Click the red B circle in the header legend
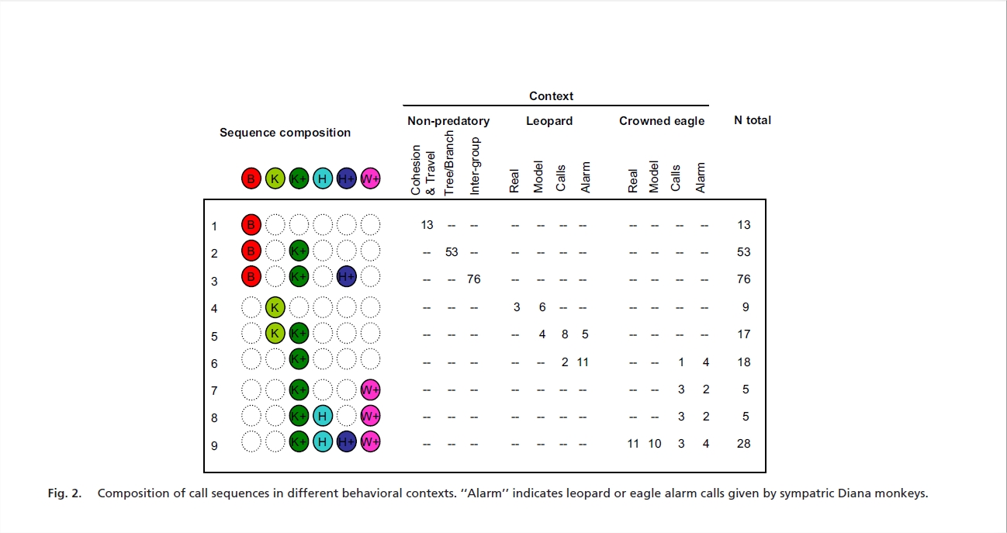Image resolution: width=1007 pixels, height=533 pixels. tap(251, 178)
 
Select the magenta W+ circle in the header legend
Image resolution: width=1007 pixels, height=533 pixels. tap(371, 178)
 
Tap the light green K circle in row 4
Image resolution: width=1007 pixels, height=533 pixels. tap(275, 308)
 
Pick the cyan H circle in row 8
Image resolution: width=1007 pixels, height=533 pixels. tap(323, 417)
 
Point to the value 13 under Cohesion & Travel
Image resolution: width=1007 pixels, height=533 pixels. tap(427, 225)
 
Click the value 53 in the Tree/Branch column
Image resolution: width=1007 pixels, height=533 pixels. tap(451, 252)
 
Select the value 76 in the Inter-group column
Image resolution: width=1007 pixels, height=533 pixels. tap(474, 279)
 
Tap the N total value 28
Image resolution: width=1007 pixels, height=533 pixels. tap(744, 444)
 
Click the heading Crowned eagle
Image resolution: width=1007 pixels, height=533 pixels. tap(662, 121)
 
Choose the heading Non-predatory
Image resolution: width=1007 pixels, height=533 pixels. tap(448, 121)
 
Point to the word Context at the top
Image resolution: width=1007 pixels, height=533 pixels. tap(551, 96)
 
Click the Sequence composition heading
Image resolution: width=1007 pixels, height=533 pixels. tap(285, 133)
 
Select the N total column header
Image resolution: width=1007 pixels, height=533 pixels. tap(752, 120)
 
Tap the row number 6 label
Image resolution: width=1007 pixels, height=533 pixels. tap(214, 363)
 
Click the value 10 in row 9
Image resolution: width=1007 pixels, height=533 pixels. tap(655, 444)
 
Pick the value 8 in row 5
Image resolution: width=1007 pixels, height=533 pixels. tap(565, 334)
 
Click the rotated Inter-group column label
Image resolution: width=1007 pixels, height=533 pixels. tap(476, 167)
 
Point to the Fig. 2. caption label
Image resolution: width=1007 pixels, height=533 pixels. tap(65, 493)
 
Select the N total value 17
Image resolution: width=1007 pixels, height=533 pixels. tap(744, 334)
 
